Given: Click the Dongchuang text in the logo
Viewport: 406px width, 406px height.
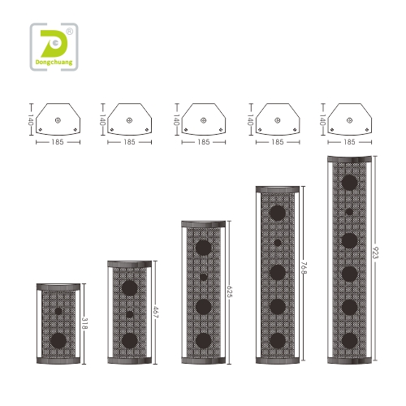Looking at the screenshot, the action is [54, 63].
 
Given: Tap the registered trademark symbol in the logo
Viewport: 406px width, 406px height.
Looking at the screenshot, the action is [70, 32].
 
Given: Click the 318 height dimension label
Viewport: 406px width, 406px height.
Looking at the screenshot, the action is [84, 323].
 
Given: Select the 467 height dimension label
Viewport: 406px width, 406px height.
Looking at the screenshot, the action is [156, 312].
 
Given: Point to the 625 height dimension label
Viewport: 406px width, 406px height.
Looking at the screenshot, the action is [230, 292].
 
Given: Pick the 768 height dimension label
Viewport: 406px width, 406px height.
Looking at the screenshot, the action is [304, 268].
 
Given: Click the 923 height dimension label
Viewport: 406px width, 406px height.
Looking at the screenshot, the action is [376, 253].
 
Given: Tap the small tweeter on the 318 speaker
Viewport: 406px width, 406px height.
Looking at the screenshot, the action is [58, 311].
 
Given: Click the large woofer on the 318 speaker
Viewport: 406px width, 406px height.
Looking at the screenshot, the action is [58, 340].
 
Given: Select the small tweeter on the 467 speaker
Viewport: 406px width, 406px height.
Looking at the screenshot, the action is [130, 314].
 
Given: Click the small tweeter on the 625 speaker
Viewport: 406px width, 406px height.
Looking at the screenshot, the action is [204, 277].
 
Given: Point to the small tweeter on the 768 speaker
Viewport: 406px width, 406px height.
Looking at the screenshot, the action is [278, 243].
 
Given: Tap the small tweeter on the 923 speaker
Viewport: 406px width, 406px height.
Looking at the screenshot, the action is [349, 212].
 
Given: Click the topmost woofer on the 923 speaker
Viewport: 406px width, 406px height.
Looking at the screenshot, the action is [349, 183].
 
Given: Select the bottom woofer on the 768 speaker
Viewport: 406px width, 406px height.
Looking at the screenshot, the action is [278, 340].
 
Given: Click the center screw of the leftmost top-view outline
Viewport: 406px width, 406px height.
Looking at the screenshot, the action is [58, 120].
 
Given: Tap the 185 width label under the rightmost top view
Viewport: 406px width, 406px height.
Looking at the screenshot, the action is [349, 142].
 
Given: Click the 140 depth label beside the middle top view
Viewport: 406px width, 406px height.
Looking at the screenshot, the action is [176, 119].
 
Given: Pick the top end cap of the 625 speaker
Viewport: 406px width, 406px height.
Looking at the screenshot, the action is [204, 224].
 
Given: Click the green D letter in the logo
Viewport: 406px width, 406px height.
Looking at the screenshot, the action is [54, 43].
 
